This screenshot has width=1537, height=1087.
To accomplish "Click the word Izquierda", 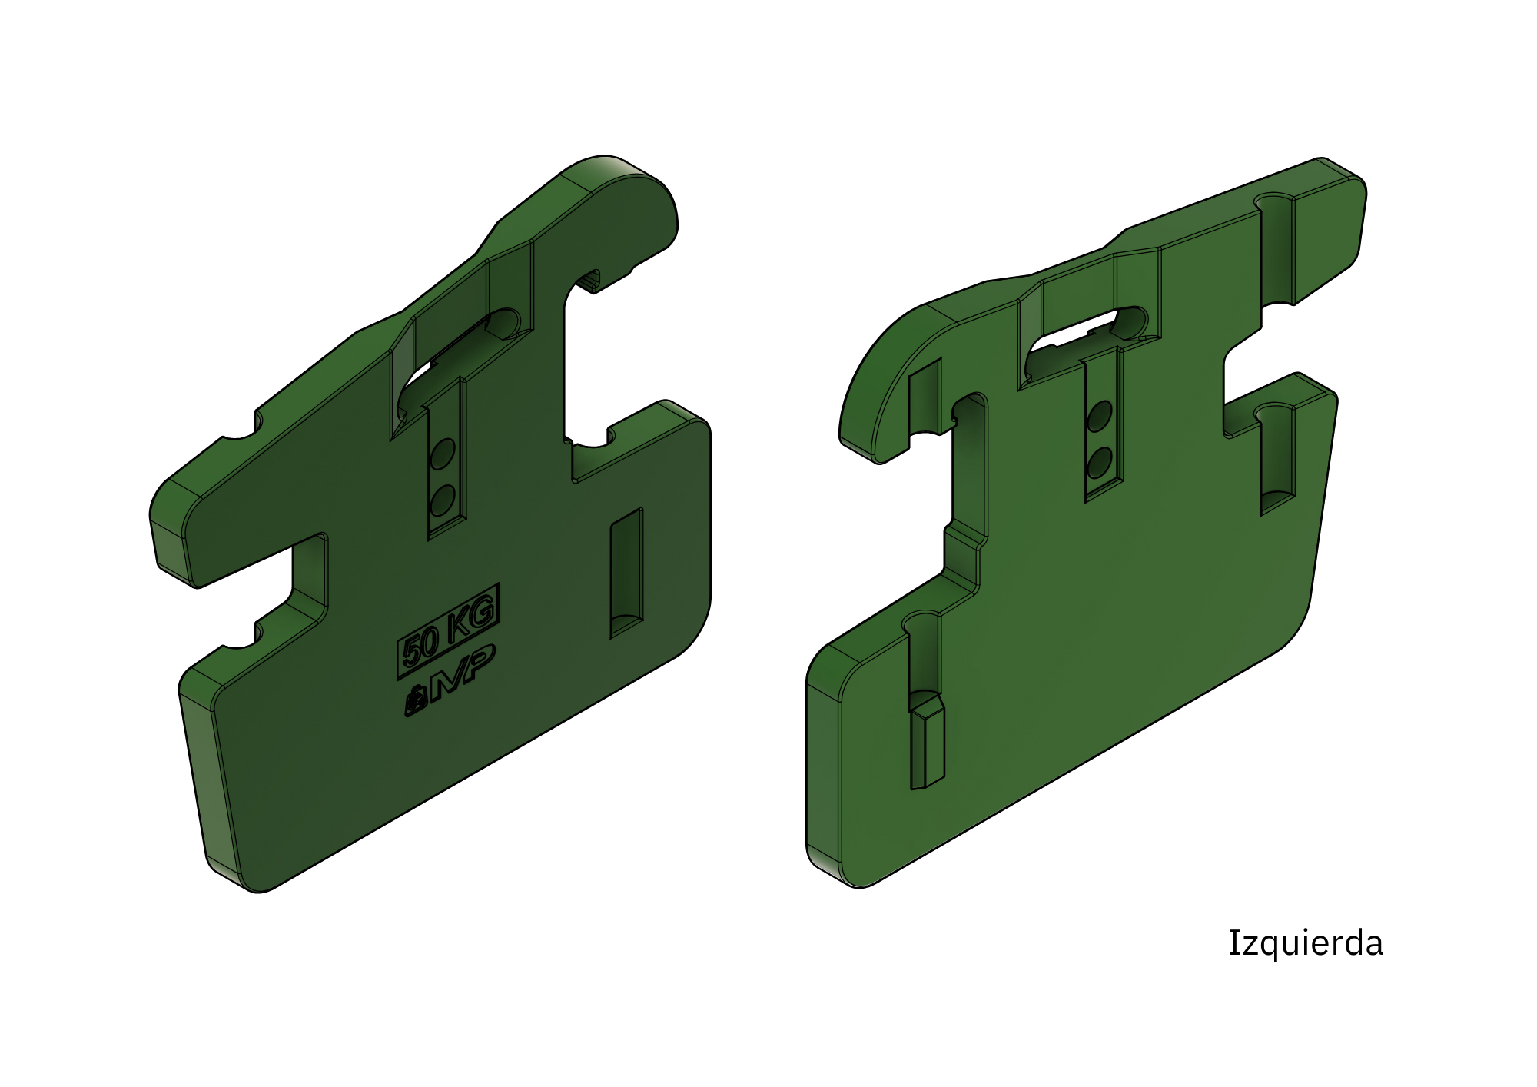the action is coord(1305,944).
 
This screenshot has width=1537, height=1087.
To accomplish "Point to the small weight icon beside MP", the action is coord(414,700).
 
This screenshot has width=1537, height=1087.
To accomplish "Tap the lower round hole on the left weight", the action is coord(442,500).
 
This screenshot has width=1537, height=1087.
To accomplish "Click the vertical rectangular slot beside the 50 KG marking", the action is coord(626,573).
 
